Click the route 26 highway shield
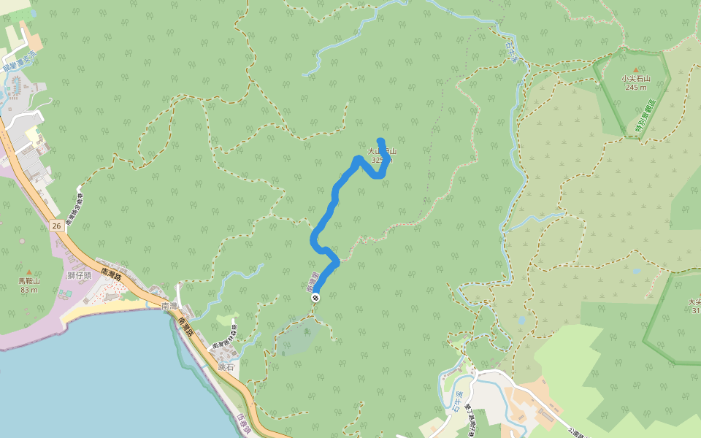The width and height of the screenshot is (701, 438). [57, 226]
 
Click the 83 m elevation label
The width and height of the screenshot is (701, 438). [29, 290]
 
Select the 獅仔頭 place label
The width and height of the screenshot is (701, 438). [79, 275]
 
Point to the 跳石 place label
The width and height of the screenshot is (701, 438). [226, 367]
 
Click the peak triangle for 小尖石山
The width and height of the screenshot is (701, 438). [635, 70]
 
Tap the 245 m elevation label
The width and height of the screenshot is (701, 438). [635, 87]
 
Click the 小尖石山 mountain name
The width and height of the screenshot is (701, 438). [635, 78]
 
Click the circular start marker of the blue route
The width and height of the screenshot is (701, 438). [315, 298]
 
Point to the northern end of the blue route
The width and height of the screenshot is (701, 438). [380, 140]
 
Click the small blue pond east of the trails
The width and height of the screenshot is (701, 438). [521, 320]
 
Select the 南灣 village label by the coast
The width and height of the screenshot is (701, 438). [169, 305]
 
